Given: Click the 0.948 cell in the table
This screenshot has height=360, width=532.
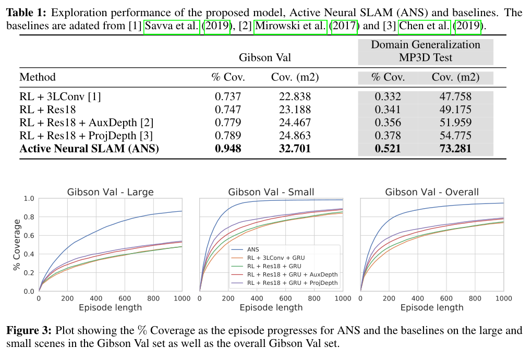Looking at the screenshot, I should pos(228,149).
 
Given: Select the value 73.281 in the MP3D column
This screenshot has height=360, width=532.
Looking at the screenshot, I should pos(451,149).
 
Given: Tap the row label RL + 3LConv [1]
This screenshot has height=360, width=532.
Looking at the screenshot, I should pos(61,97).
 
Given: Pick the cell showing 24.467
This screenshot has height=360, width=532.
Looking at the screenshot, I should pos(291,123).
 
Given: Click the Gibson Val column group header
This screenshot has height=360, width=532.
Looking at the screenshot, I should pos(265,57).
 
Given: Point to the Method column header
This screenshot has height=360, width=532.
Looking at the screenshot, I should pos(38,78).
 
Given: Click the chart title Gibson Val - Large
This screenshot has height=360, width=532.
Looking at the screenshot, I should pos(110,192).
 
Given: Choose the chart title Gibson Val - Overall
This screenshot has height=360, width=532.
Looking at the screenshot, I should pos(432,192).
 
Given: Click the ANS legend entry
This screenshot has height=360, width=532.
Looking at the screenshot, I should pos(253,249).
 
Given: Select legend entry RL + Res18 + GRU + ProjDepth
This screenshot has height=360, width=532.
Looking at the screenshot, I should pos(292,283).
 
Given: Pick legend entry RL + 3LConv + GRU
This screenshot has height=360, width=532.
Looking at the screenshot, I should pos(276,258).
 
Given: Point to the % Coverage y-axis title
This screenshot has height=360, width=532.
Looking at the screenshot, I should pos(17,245).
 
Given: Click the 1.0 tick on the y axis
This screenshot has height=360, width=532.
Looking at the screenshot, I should pos(29,199).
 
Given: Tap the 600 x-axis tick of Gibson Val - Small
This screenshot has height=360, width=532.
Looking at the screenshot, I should pos(285,299).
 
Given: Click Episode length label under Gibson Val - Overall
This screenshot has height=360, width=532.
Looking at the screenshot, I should pos(432,308).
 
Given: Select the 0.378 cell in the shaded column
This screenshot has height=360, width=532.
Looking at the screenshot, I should pos(388,136).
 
